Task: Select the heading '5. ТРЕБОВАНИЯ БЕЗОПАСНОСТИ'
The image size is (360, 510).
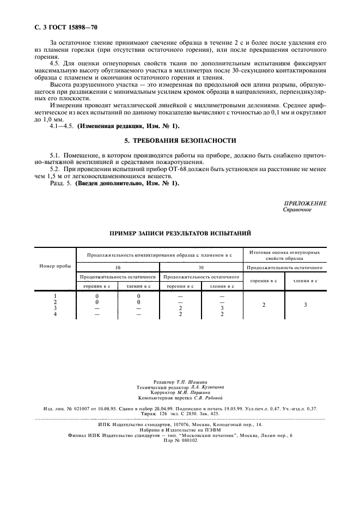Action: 180,140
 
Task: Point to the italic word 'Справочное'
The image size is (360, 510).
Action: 297,209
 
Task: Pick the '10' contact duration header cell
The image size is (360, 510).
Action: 117,268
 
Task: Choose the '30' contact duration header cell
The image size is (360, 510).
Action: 201,268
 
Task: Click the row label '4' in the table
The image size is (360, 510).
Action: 56,314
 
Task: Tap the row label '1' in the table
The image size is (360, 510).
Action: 56,296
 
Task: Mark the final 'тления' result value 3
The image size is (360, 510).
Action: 306,305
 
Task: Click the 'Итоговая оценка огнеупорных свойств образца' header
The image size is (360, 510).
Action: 284,255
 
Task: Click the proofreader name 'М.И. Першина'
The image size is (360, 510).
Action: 194,392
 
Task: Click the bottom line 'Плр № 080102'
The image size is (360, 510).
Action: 180,440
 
